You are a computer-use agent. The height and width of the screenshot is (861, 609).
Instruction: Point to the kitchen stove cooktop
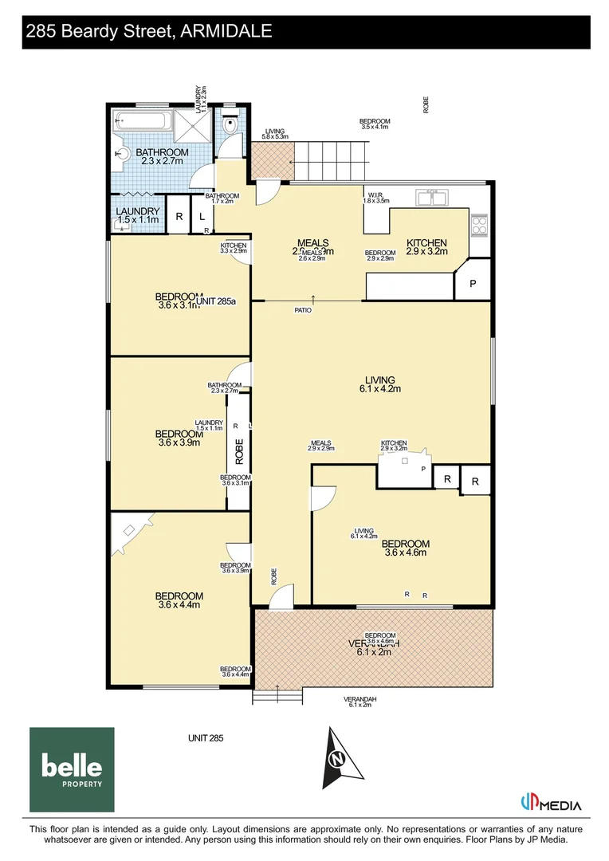click(479, 226)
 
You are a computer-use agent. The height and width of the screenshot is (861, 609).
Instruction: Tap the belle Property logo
click(72, 769)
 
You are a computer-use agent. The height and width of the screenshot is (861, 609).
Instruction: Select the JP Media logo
click(550, 804)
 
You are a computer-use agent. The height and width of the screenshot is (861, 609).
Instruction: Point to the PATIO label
click(303, 310)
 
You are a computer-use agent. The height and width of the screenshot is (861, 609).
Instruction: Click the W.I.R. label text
click(376, 196)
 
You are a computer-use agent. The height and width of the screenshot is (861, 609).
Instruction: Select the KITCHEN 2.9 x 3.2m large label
click(426, 247)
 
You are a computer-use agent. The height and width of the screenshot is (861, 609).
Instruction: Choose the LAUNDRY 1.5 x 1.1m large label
click(138, 215)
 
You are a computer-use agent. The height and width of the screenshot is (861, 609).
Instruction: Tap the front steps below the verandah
click(278, 697)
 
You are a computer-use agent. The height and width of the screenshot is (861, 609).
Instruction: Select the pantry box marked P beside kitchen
click(472, 283)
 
